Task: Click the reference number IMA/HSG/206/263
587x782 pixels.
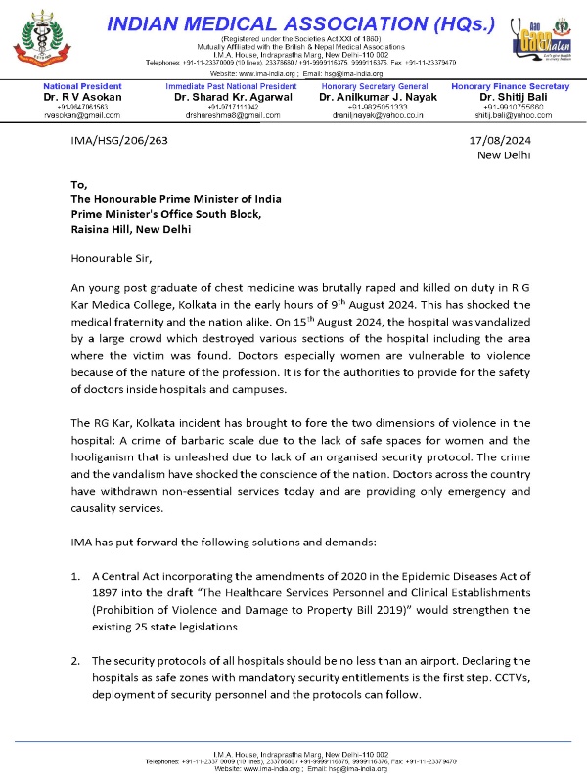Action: click(120, 141)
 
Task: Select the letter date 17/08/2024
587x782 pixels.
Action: click(503, 141)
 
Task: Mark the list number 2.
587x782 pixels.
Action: click(75, 659)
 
